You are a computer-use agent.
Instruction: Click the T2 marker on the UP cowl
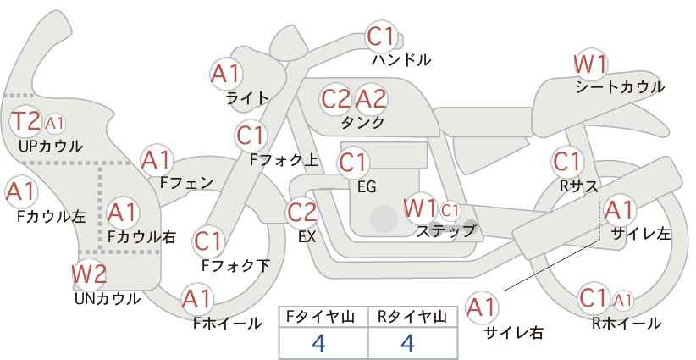25,121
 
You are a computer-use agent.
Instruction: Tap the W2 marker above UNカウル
89,274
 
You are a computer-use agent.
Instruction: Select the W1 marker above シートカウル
590,65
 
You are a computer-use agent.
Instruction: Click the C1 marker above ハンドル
381,36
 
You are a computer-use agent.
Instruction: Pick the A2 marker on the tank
371,99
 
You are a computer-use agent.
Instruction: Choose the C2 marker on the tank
336,99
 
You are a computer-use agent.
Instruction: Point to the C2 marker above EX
302,212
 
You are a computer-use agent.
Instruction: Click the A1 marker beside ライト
226,74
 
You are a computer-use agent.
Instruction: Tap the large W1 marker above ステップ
420,208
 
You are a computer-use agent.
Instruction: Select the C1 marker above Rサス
566,162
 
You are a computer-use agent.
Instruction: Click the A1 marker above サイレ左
619,210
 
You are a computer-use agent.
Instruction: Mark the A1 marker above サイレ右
482,307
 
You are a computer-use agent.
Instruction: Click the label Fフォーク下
235,265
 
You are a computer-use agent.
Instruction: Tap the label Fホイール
227,324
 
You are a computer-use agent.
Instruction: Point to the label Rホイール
627,324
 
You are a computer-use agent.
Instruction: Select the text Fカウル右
141,237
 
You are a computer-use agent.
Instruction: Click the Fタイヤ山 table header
320,317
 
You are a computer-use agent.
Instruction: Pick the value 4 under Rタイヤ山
407,343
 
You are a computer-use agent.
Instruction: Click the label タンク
362,123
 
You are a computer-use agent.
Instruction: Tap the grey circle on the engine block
384,219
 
